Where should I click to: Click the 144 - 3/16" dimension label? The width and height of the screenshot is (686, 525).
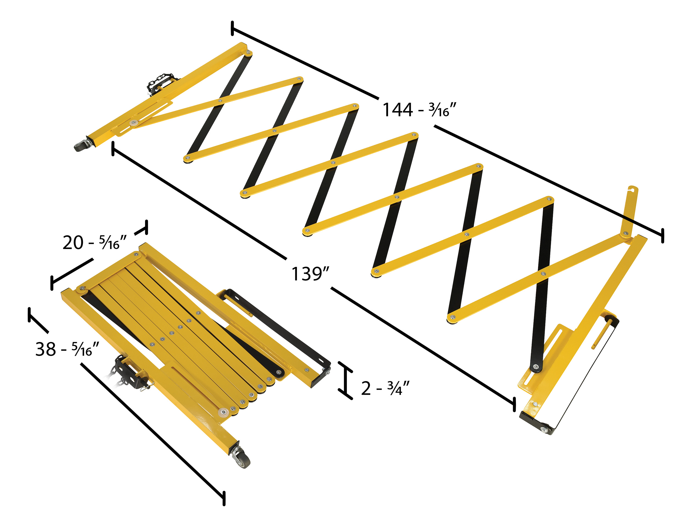coord(419,110)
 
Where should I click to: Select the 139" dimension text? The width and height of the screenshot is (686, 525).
coord(310,274)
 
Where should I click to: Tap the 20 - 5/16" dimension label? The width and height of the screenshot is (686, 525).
coord(94,242)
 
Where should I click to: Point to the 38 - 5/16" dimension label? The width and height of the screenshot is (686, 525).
coord(67,349)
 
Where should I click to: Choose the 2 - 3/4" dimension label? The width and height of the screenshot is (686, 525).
coord(385,388)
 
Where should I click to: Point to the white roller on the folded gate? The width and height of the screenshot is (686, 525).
coord(223,412)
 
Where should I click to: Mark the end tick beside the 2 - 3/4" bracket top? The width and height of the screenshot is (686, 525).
coord(345,367)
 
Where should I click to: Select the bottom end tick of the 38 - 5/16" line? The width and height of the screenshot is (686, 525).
coord(224,498)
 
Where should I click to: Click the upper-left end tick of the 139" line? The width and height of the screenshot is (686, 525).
coord(113,148)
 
